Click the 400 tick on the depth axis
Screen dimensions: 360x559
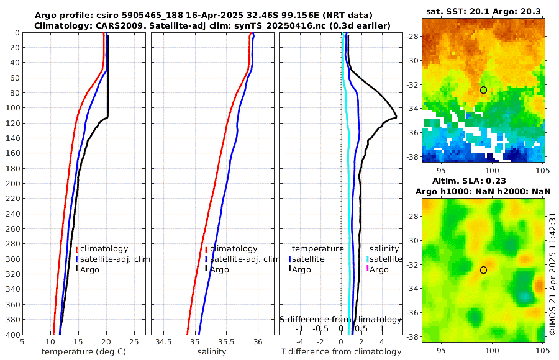[12, 335]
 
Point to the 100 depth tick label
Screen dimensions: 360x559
[12, 108]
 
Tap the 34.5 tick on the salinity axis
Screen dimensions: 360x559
[164, 341]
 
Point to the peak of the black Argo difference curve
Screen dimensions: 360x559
[396, 118]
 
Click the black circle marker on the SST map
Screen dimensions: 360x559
[483, 90]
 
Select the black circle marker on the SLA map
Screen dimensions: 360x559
[483, 270]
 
